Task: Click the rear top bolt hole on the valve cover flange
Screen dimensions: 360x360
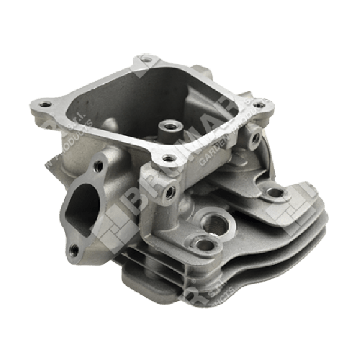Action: pos(145,59)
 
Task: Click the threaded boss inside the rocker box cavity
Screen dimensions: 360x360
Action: pos(166,127)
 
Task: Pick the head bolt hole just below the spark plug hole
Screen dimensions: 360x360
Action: pos(204,244)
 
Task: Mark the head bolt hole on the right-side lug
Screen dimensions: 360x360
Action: pos(275,193)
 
